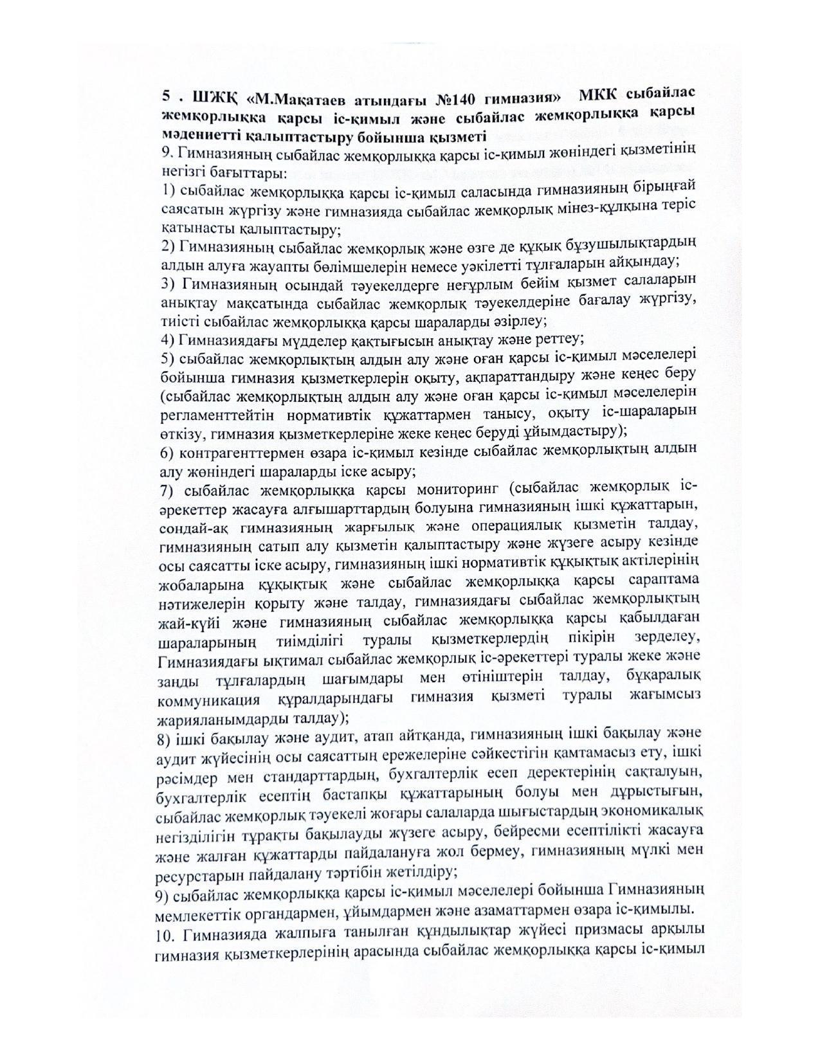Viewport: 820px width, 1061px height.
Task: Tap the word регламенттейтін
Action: (x=210, y=411)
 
